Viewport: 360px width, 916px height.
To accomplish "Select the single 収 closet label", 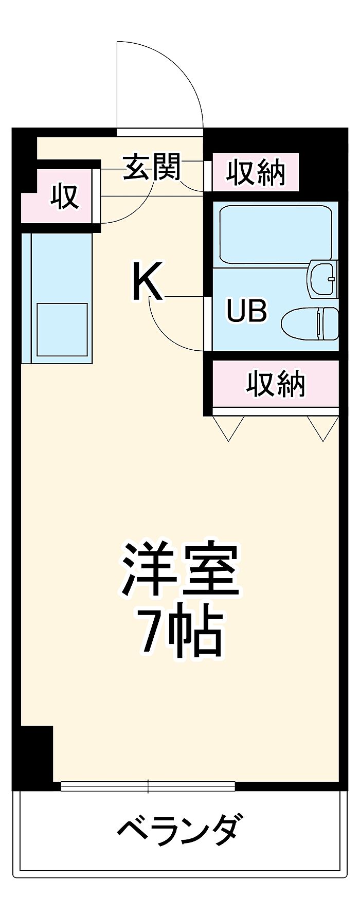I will click(x=64, y=196).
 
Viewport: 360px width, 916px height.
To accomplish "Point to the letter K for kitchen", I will click(x=148, y=281).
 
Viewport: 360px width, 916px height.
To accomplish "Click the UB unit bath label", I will click(x=247, y=311).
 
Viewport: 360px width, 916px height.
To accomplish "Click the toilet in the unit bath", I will click(x=310, y=324).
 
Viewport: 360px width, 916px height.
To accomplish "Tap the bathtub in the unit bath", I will click(x=276, y=234).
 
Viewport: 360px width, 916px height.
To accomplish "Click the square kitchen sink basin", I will click(x=61, y=329).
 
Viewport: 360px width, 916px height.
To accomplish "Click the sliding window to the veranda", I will click(x=148, y=786).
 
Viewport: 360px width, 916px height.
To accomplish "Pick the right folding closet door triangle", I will click(x=323, y=428).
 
